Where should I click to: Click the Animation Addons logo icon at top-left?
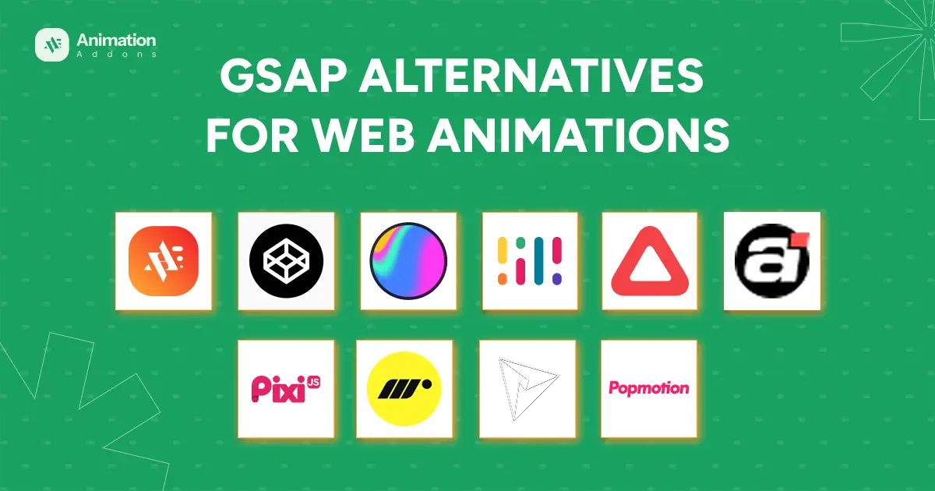tap(53, 45)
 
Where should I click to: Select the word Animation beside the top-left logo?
tap(116, 39)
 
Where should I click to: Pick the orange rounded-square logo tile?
tap(164, 261)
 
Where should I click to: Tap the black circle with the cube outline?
tap(286, 261)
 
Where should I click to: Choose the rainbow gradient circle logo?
tap(408, 261)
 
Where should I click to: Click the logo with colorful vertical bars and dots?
tap(530, 261)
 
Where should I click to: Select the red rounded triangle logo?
tap(649, 261)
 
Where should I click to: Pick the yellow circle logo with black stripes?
tap(404, 387)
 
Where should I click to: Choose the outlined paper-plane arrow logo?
tap(527, 387)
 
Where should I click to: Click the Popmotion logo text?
tap(649, 387)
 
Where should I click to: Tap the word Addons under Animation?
tap(116, 55)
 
